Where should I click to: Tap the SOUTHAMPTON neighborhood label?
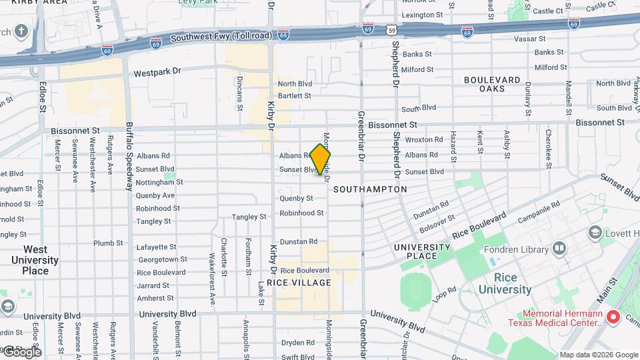pyautogui.click(x=370, y=189)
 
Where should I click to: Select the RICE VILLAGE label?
pyautogui.click(x=299, y=283)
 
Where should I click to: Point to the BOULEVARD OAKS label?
pyautogui.click(x=492, y=84)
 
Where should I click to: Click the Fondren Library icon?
pyautogui.click(x=559, y=249)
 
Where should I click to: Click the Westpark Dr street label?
pyautogui.click(x=157, y=71)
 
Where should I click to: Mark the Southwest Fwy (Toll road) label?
pyautogui.click(x=220, y=38)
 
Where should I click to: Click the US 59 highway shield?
pyautogui.click(x=393, y=31)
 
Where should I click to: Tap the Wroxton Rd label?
pyautogui.click(x=423, y=140)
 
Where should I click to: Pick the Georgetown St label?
pyautogui.click(x=161, y=259)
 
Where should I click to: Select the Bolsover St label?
pyautogui.click(x=437, y=221)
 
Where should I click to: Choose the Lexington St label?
pyautogui.click(x=422, y=14)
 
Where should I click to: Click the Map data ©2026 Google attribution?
pyautogui.click(x=599, y=355)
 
